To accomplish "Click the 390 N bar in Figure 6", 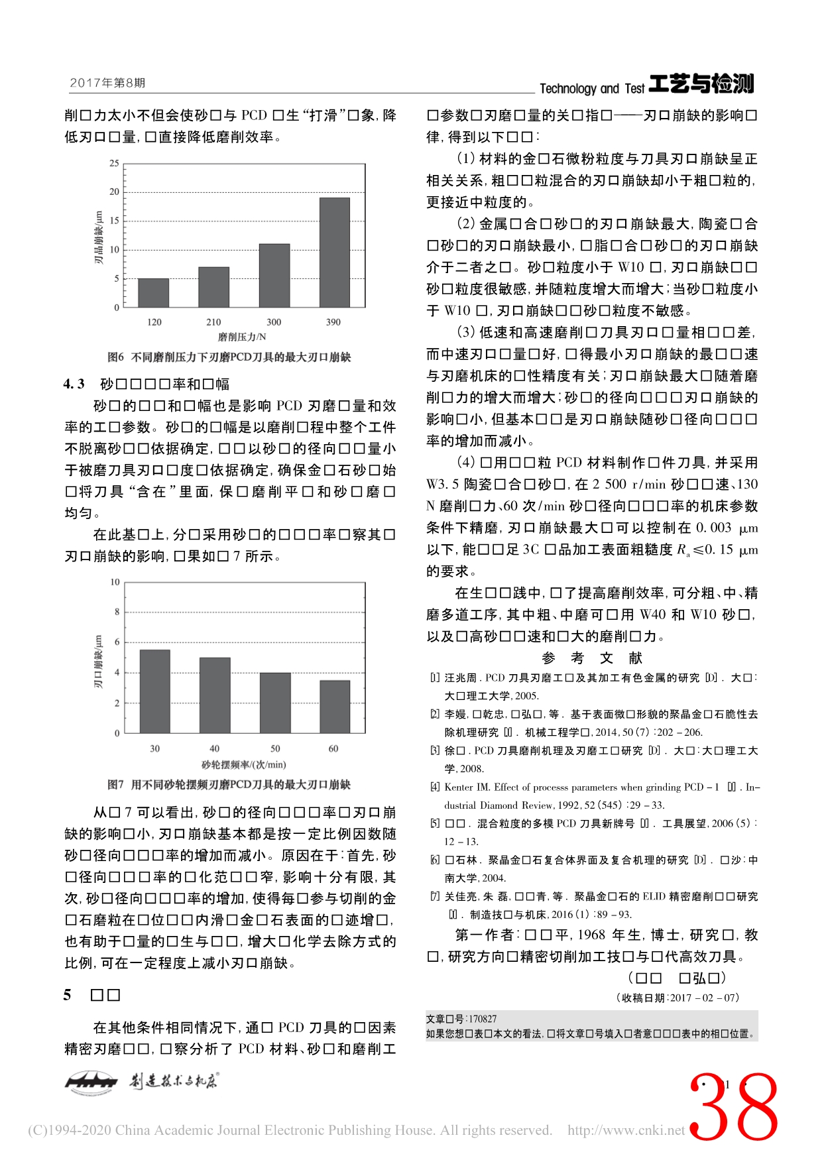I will [x=334, y=252].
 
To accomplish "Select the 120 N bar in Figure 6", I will [x=153, y=292].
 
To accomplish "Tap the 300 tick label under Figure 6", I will [x=274, y=322].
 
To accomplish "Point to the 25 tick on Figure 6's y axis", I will [x=115, y=163].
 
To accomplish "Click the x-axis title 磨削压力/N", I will [x=242, y=337].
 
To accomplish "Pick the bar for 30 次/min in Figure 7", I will [x=154, y=691].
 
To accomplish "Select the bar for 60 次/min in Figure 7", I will [x=335, y=706].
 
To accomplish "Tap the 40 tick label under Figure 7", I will [x=214, y=749].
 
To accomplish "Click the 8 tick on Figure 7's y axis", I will [x=117, y=612].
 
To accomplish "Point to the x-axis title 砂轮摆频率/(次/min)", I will [x=243, y=765].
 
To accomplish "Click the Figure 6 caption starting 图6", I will [x=229, y=357].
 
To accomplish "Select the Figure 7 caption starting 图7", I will [x=229, y=785].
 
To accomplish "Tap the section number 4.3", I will [x=74, y=384].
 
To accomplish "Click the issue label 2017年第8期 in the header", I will [x=107, y=83].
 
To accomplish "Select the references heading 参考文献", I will [x=592, y=658].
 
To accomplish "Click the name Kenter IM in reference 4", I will [x=467, y=787].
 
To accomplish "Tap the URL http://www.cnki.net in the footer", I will [x=626, y=1130].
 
